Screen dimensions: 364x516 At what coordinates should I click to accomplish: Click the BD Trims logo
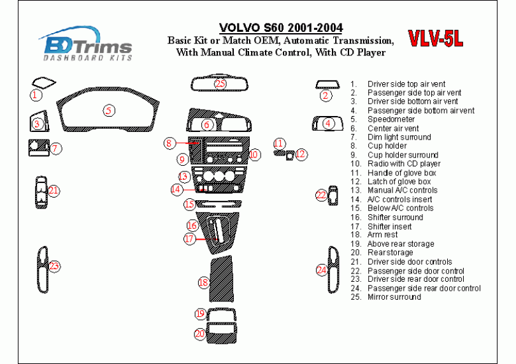click(x=87, y=45)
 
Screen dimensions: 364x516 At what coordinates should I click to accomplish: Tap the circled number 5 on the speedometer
click(x=110, y=110)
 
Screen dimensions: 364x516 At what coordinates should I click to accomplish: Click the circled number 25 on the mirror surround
click(x=220, y=84)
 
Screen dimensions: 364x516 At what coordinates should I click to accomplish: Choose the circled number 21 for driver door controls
click(x=54, y=191)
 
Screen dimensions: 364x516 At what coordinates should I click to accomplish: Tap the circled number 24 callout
click(x=322, y=270)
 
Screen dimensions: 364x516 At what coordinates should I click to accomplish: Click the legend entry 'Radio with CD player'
click(x=404, y=164)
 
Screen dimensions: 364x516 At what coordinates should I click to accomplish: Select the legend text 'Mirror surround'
click(x=394, y=297)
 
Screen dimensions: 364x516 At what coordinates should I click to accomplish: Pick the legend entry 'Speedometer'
click(x=391, y=119)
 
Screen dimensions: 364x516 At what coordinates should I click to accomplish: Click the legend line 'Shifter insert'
click(x=389, y=226)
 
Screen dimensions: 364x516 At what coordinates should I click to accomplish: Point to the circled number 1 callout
click(x=36, y=96)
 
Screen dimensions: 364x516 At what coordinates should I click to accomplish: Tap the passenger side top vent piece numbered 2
click(x=327, y=85)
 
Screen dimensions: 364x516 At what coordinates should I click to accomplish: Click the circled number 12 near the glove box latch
click(x=301, y=154)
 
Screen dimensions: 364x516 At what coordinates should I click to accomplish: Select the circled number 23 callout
click(x=55, y=266)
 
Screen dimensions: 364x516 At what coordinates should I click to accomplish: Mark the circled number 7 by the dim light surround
click(x=55, y=149)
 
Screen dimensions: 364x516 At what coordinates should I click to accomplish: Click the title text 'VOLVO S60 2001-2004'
click(x=280, y=28)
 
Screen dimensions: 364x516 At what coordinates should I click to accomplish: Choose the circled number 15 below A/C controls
click(x=189, y=205)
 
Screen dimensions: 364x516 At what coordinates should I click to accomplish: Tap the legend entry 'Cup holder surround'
click(x=403, y=155)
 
